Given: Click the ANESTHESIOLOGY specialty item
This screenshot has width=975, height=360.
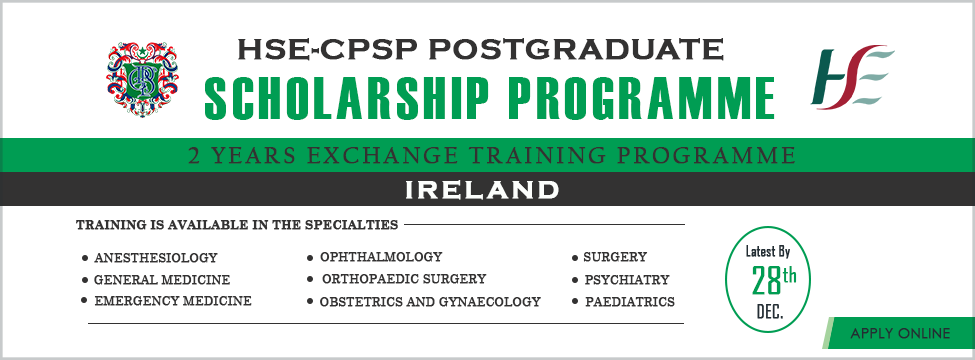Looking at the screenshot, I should (155, 258).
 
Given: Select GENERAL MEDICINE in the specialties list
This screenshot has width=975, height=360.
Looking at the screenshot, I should (161, 280).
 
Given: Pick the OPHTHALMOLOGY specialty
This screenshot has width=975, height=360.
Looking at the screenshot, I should (380, 257).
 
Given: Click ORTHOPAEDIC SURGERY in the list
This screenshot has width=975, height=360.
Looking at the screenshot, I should (403, 279).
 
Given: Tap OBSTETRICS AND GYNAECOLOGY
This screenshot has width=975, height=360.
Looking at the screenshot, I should (429, 301).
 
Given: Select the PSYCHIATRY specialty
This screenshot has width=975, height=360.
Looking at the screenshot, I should (625, 280).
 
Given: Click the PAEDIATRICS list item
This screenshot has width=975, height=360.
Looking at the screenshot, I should (628, 301).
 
